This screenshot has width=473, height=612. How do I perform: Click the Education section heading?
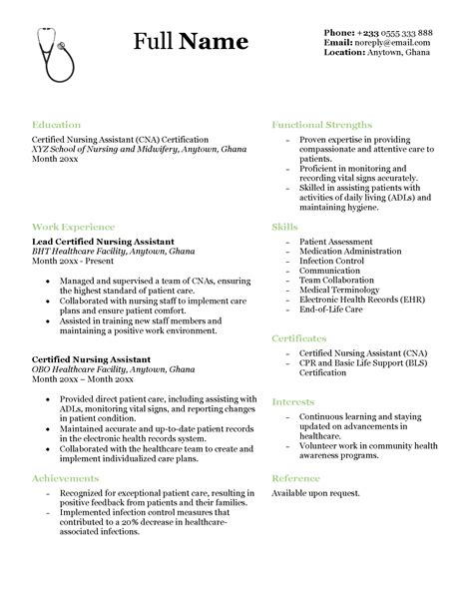pos(56,126)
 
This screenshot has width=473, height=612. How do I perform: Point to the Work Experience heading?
pos(73,227)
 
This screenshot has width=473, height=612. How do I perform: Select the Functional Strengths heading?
pos(322,126)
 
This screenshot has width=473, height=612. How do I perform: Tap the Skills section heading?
pos(284,228)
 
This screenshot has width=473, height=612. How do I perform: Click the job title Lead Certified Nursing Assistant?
pos(103,242)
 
